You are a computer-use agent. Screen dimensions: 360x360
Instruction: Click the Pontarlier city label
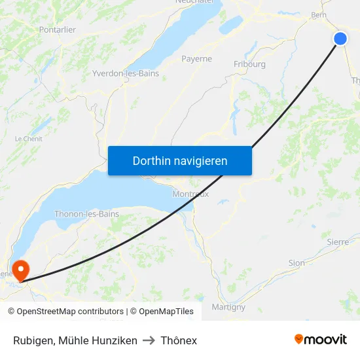point(58,29)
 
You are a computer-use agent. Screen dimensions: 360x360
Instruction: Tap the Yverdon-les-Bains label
point(126,73)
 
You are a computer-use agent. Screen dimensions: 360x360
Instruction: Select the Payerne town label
point(196,58)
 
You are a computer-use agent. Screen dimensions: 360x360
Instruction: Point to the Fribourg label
point(249,64)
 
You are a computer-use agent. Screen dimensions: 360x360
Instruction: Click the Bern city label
point(319,15)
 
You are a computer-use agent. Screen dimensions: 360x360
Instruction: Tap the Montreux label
point(190,194)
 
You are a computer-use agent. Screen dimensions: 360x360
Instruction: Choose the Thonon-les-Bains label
point(86,213)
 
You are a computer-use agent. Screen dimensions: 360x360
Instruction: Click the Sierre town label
point(338,242)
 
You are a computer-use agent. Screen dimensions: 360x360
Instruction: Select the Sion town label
point(297,262)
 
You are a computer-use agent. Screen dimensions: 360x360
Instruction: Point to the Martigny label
point(228,306)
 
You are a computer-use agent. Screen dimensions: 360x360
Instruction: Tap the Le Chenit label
point(28,139)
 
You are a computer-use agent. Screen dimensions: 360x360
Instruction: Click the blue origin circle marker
point(340,39)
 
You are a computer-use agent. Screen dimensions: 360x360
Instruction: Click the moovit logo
point(321,339)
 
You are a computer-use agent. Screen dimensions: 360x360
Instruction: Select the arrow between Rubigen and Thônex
point(149,340)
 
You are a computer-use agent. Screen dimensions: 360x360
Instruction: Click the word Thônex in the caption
point(179,340)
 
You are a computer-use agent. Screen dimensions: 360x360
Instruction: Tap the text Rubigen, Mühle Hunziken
point(75,340)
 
